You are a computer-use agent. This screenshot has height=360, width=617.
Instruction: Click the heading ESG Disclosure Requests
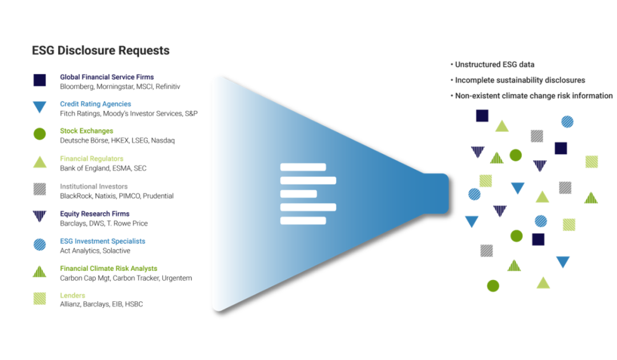coord(101,51)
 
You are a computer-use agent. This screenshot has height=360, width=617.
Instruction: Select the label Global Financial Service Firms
coord(106,77)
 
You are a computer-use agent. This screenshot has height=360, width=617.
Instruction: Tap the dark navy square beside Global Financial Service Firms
coord(39,79)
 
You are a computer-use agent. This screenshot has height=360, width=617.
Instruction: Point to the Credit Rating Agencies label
coord(95,104)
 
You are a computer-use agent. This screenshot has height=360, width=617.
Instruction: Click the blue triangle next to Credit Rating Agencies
coord(39,107)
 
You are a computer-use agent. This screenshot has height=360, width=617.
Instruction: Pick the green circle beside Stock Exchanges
coord(39,134)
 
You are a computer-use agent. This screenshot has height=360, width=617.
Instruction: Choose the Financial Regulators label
coord(91,159)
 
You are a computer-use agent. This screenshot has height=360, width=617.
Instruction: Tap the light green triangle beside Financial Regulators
coord(39,162)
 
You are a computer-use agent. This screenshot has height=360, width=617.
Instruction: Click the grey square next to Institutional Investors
coord(39,189)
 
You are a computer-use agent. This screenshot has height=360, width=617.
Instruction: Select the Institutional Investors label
coord(93,186)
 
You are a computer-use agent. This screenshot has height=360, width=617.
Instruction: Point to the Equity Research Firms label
coord(94,214)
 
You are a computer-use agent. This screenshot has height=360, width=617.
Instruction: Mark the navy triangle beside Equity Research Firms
coord(39,216)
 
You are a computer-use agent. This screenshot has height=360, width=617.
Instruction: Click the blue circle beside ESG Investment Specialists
coord(39,244)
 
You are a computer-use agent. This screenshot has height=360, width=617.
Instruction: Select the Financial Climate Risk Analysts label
coord(108,268)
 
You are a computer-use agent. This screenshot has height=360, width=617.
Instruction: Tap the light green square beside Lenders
coord(39,298)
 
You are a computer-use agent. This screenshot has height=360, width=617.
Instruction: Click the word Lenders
coord(72,295)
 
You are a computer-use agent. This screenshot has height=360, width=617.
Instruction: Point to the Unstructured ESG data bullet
coord(494,65)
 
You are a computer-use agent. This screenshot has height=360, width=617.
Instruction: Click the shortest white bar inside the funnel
coord(298,194)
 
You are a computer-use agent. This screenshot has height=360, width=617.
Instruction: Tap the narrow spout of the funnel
coord(435,193)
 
